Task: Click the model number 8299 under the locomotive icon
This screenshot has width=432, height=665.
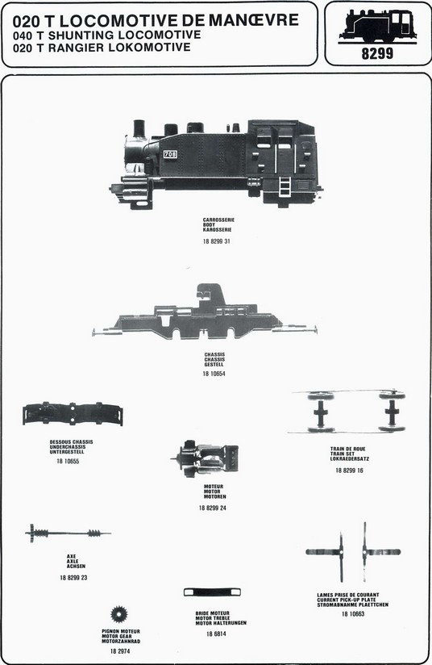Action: click(377, 53)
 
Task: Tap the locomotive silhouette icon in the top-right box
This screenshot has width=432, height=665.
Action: click(377, 27)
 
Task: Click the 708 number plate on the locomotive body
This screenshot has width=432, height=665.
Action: click(170, 154)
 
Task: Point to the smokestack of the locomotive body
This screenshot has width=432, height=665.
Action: click(139, 128)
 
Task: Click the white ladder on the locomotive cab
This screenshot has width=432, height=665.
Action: click(285, 186)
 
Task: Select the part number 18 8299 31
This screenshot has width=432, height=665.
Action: click(217, 241)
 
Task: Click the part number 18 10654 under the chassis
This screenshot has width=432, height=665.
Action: click(214, 374)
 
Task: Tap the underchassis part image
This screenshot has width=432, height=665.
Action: click(73, 413)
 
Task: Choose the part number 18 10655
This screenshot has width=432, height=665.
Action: click(68, 462)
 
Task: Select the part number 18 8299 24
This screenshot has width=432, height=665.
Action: click(213, 508)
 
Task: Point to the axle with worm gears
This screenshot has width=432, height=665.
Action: click(68, 533)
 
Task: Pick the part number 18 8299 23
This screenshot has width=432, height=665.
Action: click(73, 578)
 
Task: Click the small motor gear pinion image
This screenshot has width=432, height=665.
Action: click(118, 614)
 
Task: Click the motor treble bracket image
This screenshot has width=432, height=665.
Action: click(212, 592)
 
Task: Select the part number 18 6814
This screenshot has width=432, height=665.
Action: click(217, 634)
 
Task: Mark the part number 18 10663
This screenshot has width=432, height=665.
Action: click(353, 613)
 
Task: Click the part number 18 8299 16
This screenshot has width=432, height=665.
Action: click(350, 471)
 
